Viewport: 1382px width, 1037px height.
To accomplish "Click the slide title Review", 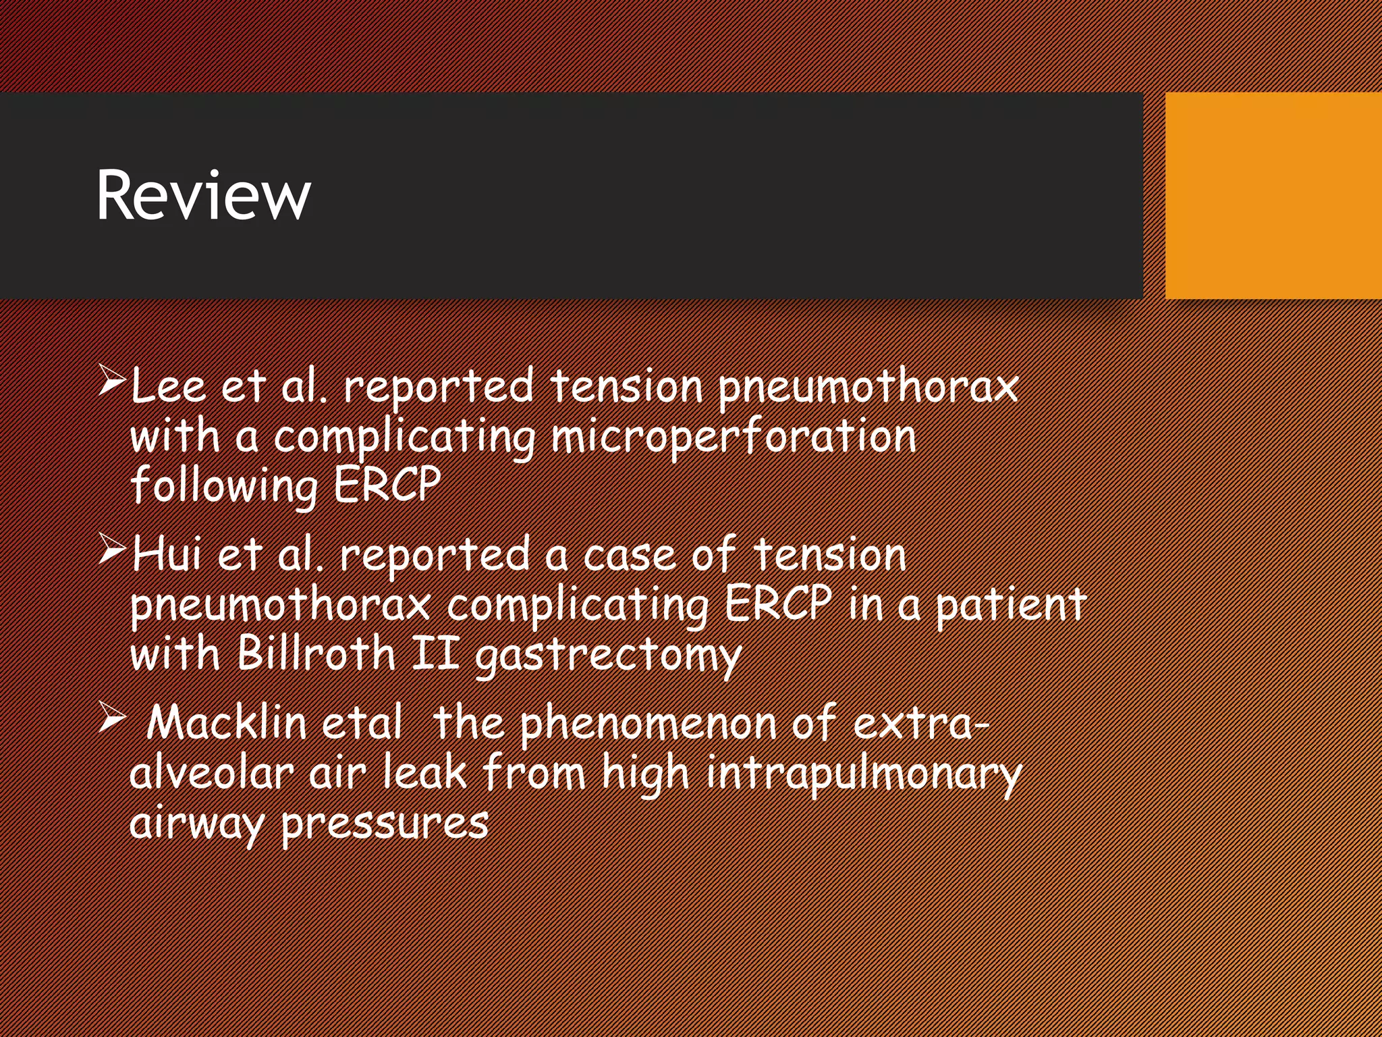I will [x=203, y=195].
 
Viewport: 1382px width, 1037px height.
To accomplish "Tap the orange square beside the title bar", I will [x=1273, y=195].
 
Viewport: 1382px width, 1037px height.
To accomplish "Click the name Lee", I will [x=168, y=386].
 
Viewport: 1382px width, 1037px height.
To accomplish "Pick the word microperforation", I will [x=734, y=437].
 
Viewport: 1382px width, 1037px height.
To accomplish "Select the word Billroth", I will [x=316, y=654].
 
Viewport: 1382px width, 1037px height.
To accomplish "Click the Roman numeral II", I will [x=436, y=654].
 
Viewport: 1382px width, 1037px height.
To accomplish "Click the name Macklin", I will [x=227, y=722].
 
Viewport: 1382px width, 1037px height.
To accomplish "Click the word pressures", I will [x=384, y=824].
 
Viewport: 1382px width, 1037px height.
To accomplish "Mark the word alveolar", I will [x=211, y=772].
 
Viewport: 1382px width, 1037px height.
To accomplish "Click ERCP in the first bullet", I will [x=387, y=485].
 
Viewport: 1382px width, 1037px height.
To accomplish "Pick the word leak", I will [x=424, y=772].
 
